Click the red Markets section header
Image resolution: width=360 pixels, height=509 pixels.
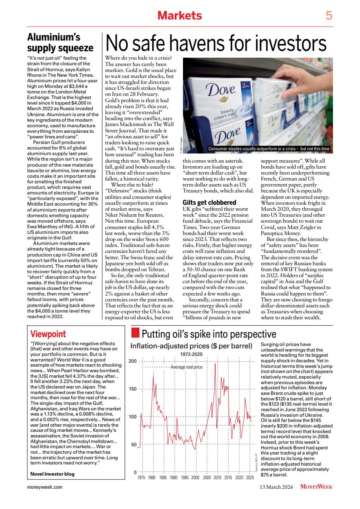pos(180,16)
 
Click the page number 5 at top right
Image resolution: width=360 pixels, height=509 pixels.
pos(329,16)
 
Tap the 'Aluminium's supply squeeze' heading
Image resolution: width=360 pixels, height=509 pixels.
pos(60,43)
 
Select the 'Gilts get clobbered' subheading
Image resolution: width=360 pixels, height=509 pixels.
pos(209,203)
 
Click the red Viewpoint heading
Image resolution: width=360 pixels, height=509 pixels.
pos(48,334)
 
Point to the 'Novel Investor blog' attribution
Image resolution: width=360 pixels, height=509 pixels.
pos(52,474)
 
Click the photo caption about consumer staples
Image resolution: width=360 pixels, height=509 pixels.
pos(269,149)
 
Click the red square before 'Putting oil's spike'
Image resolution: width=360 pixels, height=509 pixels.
pos(135,332)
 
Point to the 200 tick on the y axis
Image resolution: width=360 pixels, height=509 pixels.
pos(133,361)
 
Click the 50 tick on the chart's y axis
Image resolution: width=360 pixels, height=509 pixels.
pos(134,444)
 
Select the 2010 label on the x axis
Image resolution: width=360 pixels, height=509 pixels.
pos(217,477)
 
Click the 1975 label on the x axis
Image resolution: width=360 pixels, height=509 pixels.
pos(141,477)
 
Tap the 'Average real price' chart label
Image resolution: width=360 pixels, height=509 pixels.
pos(187,367)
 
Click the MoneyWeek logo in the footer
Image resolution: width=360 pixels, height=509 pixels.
pos(316,486)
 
